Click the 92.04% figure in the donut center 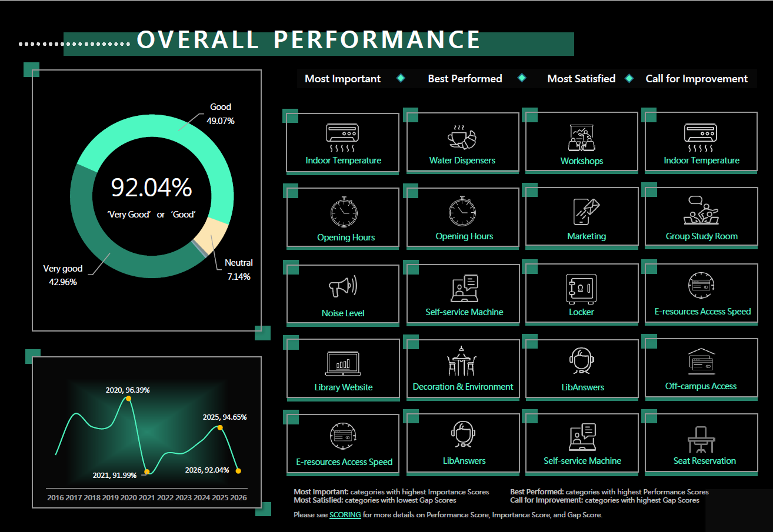click(x=151, y=188)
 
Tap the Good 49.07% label click(x=221, y=114)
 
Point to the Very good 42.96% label click(x=63, y=275)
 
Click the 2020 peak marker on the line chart click(x=128, y=399)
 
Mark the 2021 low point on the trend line click(x=147, y=471)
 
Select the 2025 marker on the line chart click(x=220, y=427)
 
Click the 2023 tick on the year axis click(x=183, y=497)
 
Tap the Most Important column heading click(x=342, y=79)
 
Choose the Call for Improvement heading click(x=697, y=79)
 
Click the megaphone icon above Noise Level click(x=343, y=286)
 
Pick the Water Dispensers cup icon click(x=462, y=137)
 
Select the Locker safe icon click(x=581, y=289)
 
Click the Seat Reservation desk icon click(x=701, y=440)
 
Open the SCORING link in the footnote click(x=345, y=515)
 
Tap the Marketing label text click(x=587, y=236)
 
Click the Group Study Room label click(x=702, y=236)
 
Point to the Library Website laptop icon click(x=343, y=364)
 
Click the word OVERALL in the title click(x=198, y=39)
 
